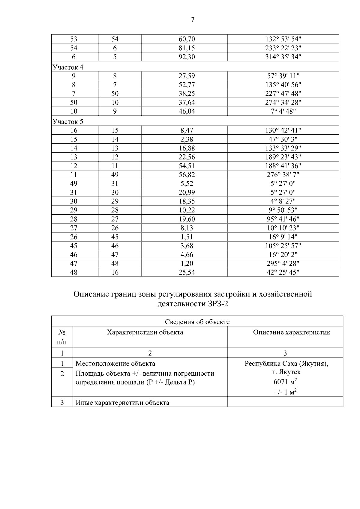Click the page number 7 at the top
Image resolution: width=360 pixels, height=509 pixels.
(193, 20)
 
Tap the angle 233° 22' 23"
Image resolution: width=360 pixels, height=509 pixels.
(283, 48)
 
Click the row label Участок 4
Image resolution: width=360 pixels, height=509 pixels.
(68, 67)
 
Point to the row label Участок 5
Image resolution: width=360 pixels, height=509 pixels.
(68, 122)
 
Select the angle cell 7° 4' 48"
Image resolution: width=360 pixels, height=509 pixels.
(283, 111)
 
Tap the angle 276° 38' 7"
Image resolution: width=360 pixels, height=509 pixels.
(283, 175)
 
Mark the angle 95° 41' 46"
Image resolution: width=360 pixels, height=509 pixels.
(283, 219)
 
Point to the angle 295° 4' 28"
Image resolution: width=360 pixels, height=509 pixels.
(283, 263)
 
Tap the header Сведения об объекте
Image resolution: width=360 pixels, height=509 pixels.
(197, 322)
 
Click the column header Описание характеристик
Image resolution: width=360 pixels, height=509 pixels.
(291, 332)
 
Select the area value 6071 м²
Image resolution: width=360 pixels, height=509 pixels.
(285, 382)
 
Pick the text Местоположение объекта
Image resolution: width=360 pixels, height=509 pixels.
(115, 364)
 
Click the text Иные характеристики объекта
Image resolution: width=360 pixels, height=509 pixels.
(122, 403)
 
